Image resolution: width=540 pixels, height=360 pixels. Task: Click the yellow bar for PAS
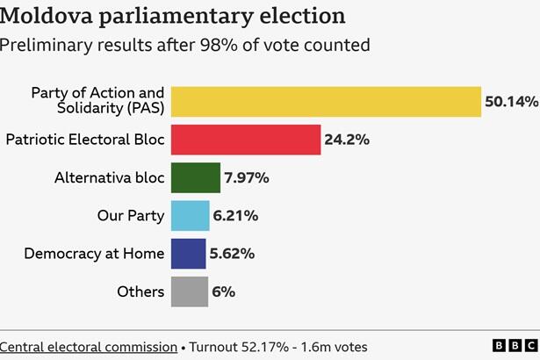pyautogui.click(x=326, y=101)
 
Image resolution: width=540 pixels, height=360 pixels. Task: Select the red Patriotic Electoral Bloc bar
pyautogui.click(x=246, y=140)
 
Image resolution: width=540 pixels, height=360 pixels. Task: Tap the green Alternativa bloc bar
pyautogui.click(x=195, y=177)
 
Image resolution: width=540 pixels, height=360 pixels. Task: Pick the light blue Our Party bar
pyautogui.click(x=190, y=215)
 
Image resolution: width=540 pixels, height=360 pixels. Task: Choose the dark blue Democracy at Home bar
pyautogui.click(x=188, y=254)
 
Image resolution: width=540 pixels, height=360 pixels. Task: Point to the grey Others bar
pyautogui.click(x=189, y=292)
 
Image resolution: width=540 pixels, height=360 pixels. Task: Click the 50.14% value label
pyautogui.click(x=511, y=102)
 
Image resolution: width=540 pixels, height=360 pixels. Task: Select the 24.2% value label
pyautogui.click(x=347, y=140)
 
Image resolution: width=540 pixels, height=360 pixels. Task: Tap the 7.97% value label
pyautogui.click(x=247, y=177)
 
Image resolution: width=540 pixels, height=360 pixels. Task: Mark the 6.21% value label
pyautogui.click(x=235, y=215)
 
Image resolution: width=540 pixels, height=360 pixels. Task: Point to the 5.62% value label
pyautogui.click(x=232, y=254)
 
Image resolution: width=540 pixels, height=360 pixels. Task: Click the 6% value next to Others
pyautogui.click(x=223, y=292)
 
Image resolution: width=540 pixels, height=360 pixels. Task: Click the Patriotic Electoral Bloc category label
pyautogui.click(x=84, y=140)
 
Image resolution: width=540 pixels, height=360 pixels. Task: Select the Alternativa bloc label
pyautogui.click(x=109, y=177)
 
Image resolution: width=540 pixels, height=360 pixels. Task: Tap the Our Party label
pyautogui.click(x=130, y=215)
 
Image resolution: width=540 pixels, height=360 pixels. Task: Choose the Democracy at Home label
pyautogui.click(x=94, y=254)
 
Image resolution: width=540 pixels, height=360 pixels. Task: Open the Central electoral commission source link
pyautogui.click(x=88, y=347)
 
